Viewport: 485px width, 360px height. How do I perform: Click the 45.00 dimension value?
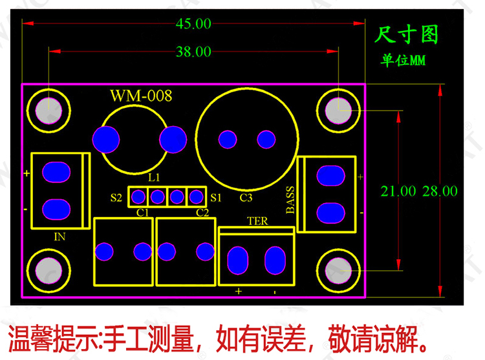193,24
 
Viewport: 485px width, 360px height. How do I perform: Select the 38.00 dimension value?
193,52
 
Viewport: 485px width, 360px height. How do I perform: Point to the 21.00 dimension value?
398,191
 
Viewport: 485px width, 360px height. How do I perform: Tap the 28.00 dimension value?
440,191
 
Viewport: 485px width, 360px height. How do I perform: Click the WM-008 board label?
141,96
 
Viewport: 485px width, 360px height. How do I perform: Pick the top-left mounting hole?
48,111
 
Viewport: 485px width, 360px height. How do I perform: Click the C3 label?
246,197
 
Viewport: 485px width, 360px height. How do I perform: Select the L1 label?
154,177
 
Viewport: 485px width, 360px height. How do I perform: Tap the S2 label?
116,198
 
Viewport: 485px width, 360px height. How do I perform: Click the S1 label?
216,197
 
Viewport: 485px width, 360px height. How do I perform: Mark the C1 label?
143,212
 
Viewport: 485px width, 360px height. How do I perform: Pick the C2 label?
202,212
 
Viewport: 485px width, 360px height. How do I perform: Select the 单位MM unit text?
402,61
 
